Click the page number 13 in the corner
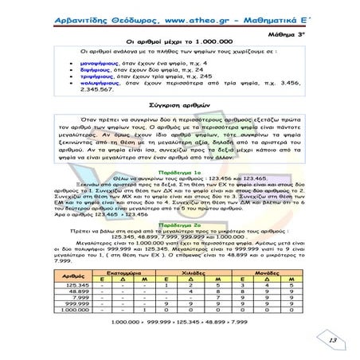[333, 341]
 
